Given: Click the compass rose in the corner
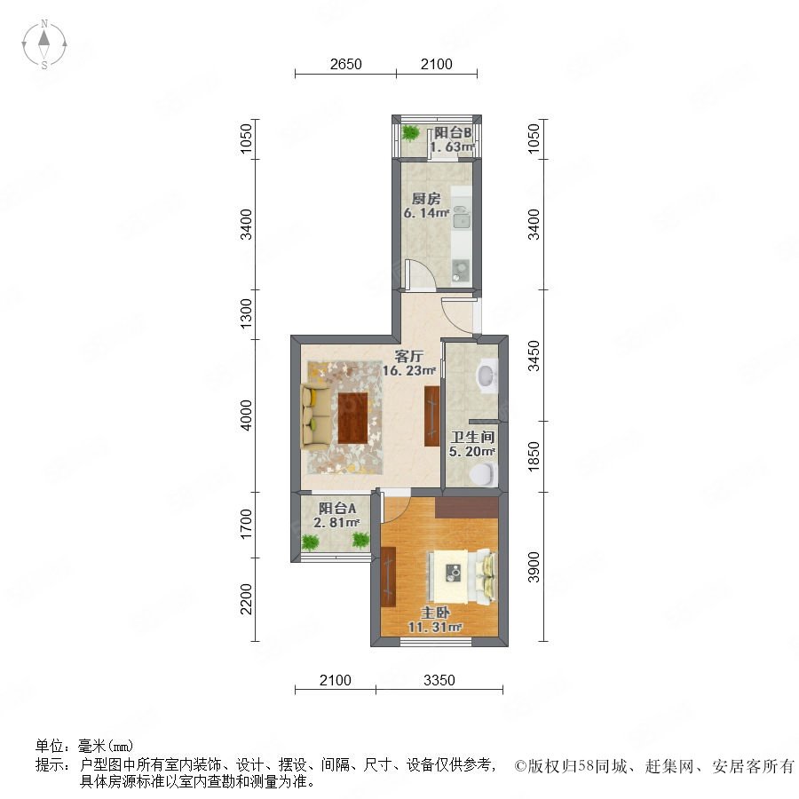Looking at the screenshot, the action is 44,44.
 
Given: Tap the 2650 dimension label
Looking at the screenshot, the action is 345,64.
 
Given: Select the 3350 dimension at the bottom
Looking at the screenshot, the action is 439,680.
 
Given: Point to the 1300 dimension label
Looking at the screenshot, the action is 246,313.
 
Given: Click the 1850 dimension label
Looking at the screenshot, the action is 533,456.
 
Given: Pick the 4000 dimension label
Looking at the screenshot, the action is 246,415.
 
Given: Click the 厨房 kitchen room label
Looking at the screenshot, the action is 426,199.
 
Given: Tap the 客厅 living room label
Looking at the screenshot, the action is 408,356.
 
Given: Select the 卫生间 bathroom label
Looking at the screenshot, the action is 472,437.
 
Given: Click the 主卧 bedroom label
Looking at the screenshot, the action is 435,613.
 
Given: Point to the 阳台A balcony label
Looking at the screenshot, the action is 336,508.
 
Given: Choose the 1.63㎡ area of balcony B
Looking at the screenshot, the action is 453,146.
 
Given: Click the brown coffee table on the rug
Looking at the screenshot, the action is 352,418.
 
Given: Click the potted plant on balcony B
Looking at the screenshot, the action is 410,132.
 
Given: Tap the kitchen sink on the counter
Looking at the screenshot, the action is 462,218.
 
